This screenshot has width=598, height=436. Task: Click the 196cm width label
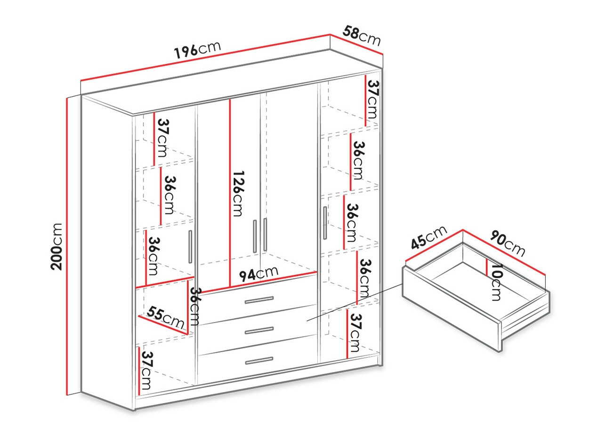pos(197,49)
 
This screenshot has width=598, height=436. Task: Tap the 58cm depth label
pos(361,36)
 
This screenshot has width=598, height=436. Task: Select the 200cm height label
pos(57,246)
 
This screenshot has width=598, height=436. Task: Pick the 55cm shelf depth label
pos(165,318)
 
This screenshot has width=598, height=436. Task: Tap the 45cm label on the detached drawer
pos(428,237)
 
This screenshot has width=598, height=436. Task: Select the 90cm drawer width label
pos(507,243)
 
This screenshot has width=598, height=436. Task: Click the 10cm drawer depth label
pos(496,282)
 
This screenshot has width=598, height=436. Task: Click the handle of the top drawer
pos(259,299)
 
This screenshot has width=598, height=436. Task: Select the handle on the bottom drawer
pos(259,361)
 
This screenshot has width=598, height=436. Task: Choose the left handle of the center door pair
pos(254,235)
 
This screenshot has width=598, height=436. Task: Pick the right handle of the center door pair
pos(265,234)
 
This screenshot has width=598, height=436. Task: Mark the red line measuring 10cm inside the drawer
pos(487,266)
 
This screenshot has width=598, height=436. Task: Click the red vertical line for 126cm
pos(230,193)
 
